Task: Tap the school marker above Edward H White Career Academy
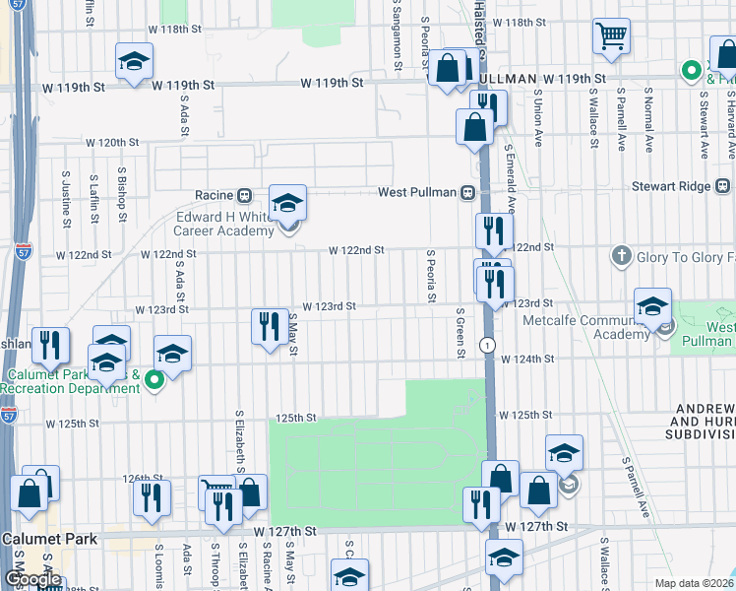click(x=287, y=204)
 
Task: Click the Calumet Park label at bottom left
click(x=48, y=539)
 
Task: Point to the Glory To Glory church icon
click(x=621, y=256)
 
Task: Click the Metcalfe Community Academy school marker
click(x=651, y=307)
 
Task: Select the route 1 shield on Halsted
click(x=487, y=345)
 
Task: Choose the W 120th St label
click(x=111, y=143)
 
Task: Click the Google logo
click(x=32, y=579)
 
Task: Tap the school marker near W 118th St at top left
click(x=134, y=62)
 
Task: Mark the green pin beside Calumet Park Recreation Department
click(x=153, y=379)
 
